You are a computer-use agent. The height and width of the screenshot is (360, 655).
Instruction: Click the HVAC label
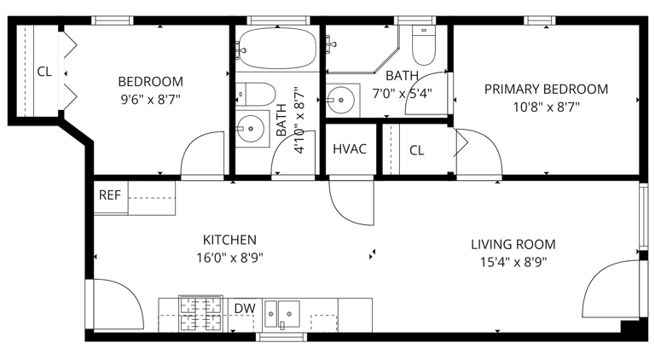click(350, 149)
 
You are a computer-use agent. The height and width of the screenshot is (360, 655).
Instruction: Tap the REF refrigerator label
click(110, 195)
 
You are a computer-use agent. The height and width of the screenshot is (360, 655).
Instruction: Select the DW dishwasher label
click(245, 309)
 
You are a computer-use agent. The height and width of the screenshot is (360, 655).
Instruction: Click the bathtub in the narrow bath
click(276, 48)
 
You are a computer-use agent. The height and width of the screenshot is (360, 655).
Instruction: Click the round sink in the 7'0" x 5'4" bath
click(341, 100)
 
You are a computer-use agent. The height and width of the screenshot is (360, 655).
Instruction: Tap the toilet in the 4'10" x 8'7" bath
click(255, 94)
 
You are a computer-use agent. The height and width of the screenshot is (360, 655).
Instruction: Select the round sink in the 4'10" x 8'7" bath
click(251, 129)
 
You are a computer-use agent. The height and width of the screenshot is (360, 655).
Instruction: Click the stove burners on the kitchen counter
click(200, 314)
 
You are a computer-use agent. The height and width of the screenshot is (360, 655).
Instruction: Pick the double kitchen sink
click(282, 314)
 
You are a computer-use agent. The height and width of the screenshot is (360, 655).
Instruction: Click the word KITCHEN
click(229, 240)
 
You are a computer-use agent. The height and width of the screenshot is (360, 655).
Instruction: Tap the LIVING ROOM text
click(513, 244)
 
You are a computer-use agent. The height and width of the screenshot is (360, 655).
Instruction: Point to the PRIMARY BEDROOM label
click(546, 89)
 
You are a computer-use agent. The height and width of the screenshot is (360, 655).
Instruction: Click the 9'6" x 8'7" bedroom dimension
click(150, 100)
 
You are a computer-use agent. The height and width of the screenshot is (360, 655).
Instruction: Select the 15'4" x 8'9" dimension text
click(513, 262)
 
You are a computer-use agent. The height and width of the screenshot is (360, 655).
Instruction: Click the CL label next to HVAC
click(416, 150)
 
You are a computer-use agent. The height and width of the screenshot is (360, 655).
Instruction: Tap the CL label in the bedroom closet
click(44, 72)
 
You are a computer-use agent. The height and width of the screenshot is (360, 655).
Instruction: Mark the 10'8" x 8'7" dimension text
click(547, 107)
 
